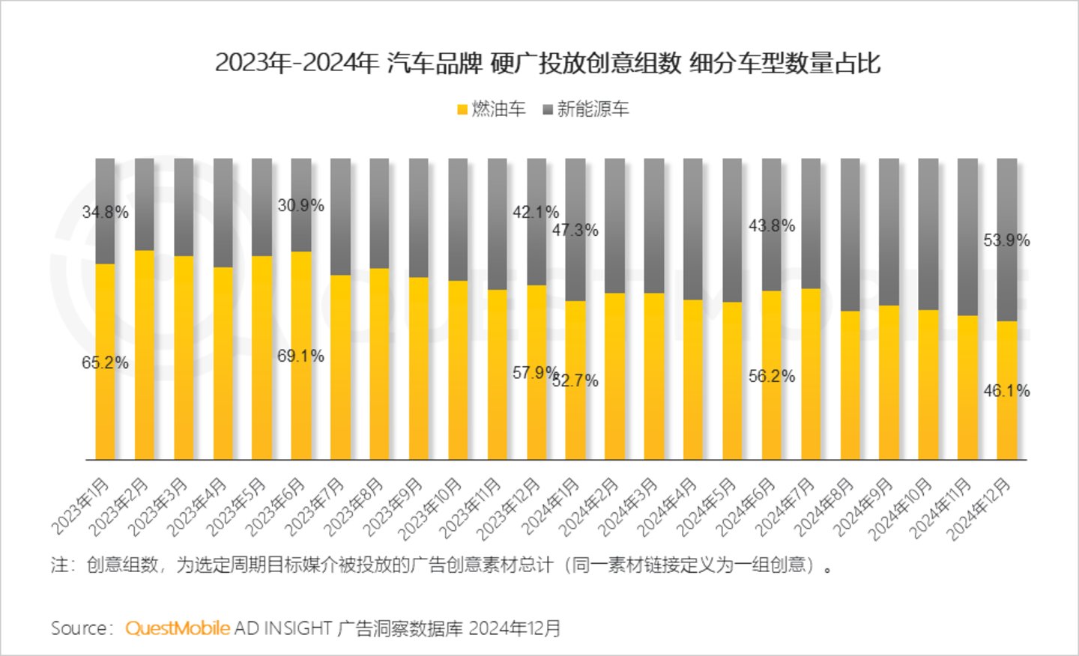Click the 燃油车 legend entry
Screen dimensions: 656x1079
click(492, 109)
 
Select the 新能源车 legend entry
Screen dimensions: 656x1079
click(586, 109)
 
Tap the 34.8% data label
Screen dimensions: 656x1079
click(105, 212)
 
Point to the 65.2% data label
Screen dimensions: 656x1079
click(105, 362)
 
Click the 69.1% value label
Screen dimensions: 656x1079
click(300, 356)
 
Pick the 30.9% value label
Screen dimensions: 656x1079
click(300, 205)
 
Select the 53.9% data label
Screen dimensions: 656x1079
click(1006, 240)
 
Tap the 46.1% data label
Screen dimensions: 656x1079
click(1006, 390)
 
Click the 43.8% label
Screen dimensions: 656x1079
click(772, 225)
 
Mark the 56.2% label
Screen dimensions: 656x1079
click(772, 376)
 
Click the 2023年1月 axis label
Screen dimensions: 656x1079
click(81, 506)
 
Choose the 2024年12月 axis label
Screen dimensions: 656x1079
click(979, 509)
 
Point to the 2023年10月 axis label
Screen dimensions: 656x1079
click(430, 509)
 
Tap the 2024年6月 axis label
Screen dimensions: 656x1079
click(746, 507)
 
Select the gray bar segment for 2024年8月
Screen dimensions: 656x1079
click(850, 234)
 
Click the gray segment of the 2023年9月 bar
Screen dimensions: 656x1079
click(419, 217)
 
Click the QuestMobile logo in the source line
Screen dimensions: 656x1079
click(178, 628)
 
